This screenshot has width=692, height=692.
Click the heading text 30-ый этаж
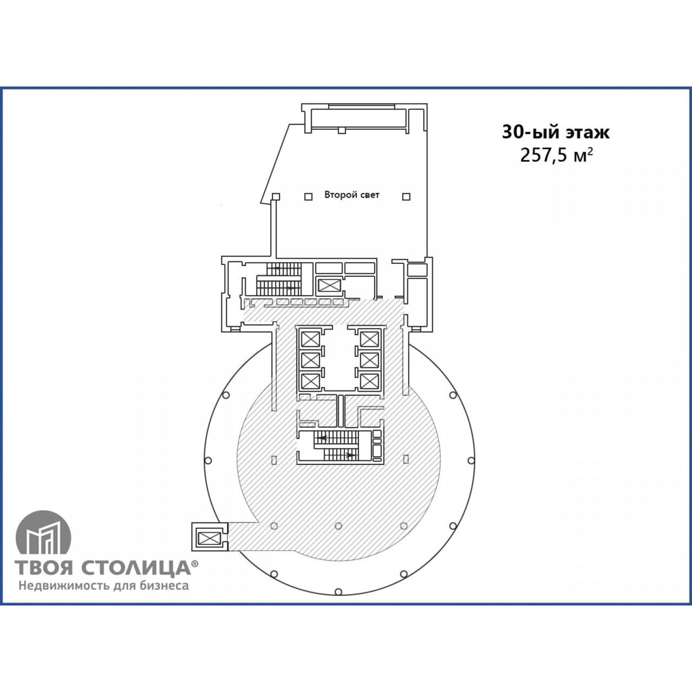556,132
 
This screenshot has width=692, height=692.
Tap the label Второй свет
352,195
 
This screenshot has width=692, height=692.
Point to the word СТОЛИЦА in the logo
136,568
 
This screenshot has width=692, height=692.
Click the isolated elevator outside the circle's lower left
210,537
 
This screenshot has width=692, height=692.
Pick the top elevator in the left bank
310,339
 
